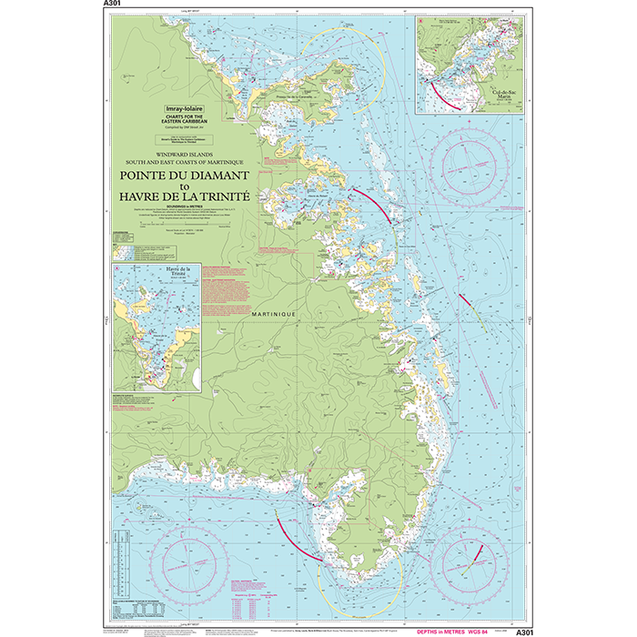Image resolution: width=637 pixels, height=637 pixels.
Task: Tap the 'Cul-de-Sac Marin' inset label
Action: tap(502, 94)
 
